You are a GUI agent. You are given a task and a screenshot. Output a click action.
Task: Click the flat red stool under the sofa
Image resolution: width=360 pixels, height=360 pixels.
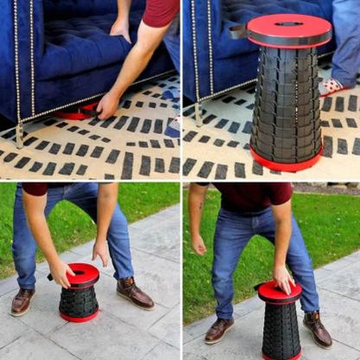[x=77, y=112]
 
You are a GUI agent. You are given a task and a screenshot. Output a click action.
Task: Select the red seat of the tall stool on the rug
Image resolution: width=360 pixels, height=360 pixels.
[x=290, y=29]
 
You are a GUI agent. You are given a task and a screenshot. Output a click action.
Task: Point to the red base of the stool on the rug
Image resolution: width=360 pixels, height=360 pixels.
[x=286, y=162]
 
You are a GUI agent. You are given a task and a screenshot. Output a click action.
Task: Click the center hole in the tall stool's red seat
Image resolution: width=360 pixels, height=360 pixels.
[x=289, y=22]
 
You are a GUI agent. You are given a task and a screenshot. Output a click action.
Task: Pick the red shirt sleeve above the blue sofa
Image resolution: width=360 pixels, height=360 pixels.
[x=160, y=11]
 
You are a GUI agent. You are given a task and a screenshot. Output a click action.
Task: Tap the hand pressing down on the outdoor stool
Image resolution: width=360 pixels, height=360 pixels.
[x=284, y=279]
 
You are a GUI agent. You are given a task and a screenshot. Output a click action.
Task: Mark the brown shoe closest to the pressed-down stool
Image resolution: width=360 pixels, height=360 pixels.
[x=318, y=330]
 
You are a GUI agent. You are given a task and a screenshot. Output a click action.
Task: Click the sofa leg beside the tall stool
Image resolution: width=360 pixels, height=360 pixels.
[x=198, y=113]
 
